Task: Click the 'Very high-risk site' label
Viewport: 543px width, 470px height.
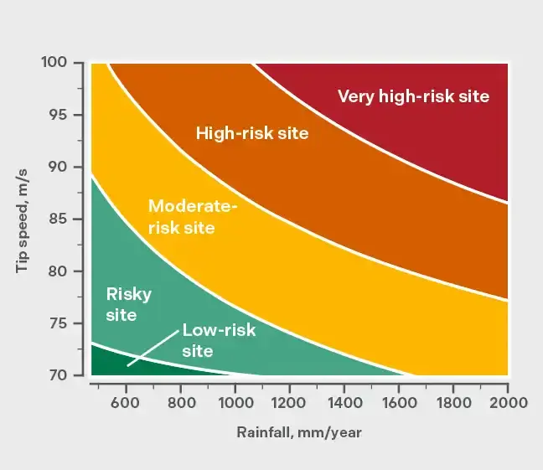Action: tap(413, 96)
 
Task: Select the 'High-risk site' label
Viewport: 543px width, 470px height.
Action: tap(252, 132)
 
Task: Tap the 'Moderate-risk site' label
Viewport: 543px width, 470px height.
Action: tap(193, 216)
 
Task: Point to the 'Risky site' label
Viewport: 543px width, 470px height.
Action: tap(128, 304)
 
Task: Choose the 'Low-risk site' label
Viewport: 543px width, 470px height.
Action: tap(219, 340)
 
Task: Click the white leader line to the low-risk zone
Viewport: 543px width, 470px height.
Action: tap(153, 349)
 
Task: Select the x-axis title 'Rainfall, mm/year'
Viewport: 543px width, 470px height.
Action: tap(298, 432)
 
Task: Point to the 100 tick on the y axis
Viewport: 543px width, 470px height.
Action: tap(62, 63)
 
